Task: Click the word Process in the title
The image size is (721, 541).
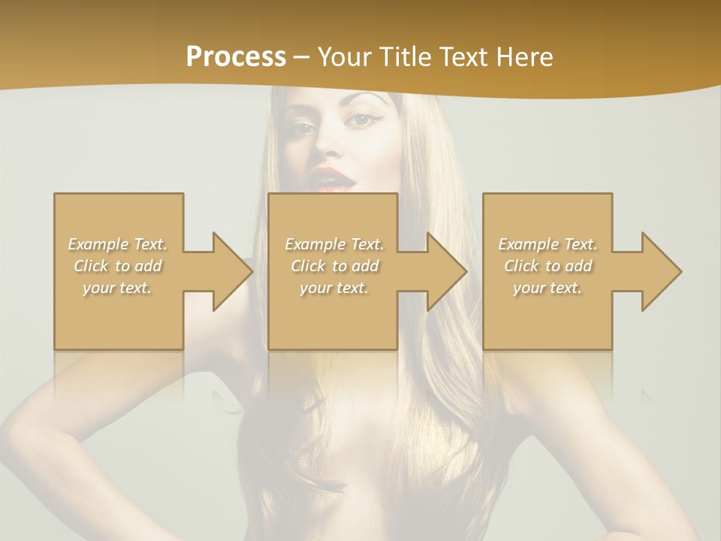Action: point(236,57)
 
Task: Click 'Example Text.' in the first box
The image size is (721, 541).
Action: point(117,244)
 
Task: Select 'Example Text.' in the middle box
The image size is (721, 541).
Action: point(333,244)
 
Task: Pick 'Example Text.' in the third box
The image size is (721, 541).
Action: point(548,244)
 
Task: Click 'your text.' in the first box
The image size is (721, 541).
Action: point(117,288)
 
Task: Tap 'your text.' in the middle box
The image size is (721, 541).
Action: point(333,288)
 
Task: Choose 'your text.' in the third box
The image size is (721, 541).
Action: point(548,288)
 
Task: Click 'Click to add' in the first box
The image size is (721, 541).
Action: point(117,266)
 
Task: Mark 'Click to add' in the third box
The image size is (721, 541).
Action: point(548,266)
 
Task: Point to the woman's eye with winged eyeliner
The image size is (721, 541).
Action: point(366,119)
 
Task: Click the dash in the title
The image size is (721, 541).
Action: point(301,58)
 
